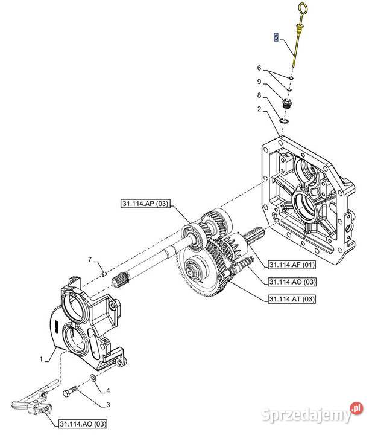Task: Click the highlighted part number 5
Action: pos(276,37)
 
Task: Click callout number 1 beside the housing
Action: pos(41,359)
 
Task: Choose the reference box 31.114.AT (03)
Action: pos(291,299)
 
